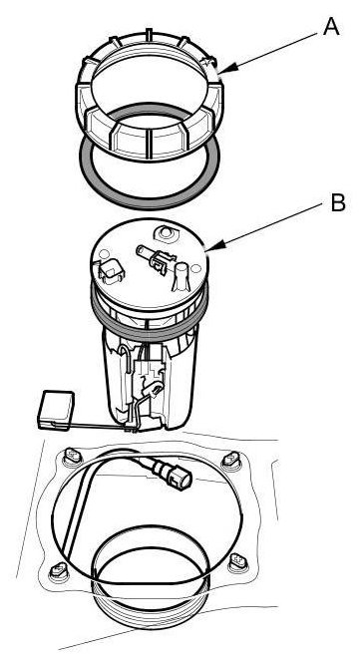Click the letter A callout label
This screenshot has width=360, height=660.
click(331, 28)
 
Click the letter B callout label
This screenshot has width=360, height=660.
click(338, 202)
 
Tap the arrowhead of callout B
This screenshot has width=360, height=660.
click(211, 249)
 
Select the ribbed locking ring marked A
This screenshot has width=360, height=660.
click(150, 95)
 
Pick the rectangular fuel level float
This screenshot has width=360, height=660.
click(56, 411)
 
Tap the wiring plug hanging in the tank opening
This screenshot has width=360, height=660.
click(172, 474)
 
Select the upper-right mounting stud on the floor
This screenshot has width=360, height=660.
click(231, 460)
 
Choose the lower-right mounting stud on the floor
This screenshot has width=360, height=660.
click(238, 561)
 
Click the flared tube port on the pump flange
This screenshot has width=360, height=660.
click(180, 276)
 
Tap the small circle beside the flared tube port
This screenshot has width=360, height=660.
click(195, 268)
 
